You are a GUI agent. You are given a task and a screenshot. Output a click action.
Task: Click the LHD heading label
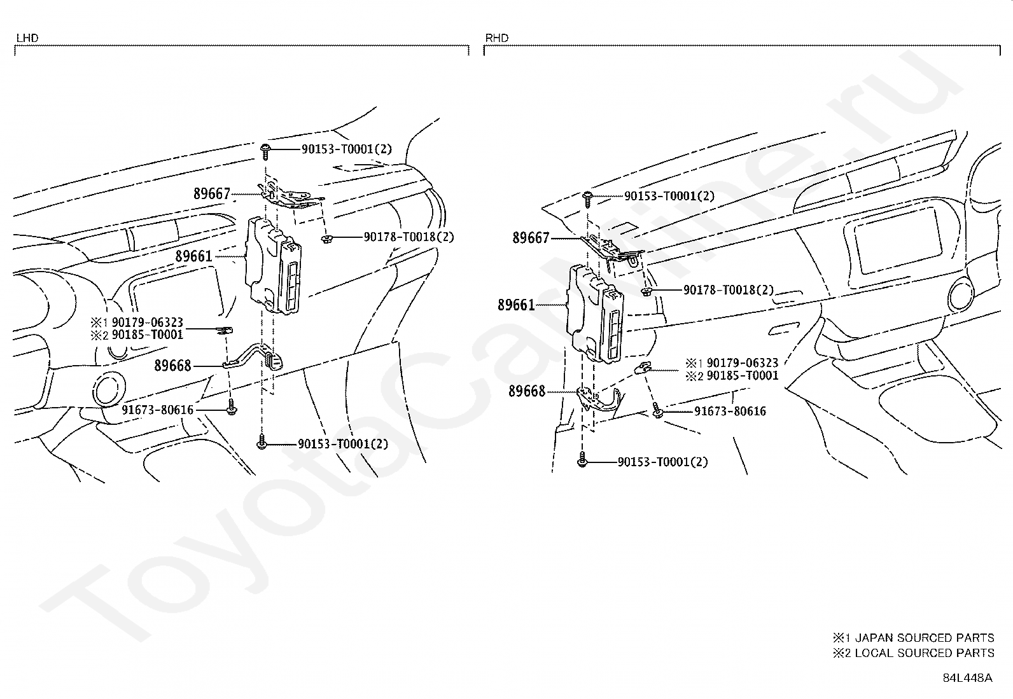(x=27, y=38)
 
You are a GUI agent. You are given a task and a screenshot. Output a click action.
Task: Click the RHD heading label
(x=496, y=38)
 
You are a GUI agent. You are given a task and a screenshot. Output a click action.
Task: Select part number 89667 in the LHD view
(x=212, y=194)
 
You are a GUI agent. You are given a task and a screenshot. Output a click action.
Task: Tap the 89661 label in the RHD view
(x=516, y=305)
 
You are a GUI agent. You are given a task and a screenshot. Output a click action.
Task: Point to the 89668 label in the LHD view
(x=172, y=365)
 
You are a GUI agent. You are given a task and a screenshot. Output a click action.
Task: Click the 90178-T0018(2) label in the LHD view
(x=409, y=237)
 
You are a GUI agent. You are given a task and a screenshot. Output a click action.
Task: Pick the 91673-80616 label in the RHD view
(x=730, y=411)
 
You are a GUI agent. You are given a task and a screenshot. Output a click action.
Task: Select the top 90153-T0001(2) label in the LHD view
(x=346, y=149)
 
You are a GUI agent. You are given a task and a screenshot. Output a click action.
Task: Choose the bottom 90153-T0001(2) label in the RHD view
(x=662, y=462)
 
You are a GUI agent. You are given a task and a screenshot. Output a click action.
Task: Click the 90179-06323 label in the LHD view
(x=148, y=322)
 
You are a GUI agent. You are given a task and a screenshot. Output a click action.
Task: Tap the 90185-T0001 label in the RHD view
(x=743, y=375)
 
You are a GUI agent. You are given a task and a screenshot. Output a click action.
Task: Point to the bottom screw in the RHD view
(x=582, y=459)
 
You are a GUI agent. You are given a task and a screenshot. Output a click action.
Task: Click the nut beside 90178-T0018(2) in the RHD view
(x=646, y=292)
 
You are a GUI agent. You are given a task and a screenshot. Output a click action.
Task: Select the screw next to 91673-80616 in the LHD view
(x=232, y=407)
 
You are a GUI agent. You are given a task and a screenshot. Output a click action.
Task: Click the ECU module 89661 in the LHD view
(x=273, y=265)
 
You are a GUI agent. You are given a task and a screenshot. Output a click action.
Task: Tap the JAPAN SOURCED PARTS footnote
(x=913, y=638)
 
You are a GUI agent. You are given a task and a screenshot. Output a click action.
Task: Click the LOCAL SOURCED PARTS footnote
(x=913, y=653)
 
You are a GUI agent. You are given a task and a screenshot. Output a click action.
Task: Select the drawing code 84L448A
(x=967, y=678)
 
